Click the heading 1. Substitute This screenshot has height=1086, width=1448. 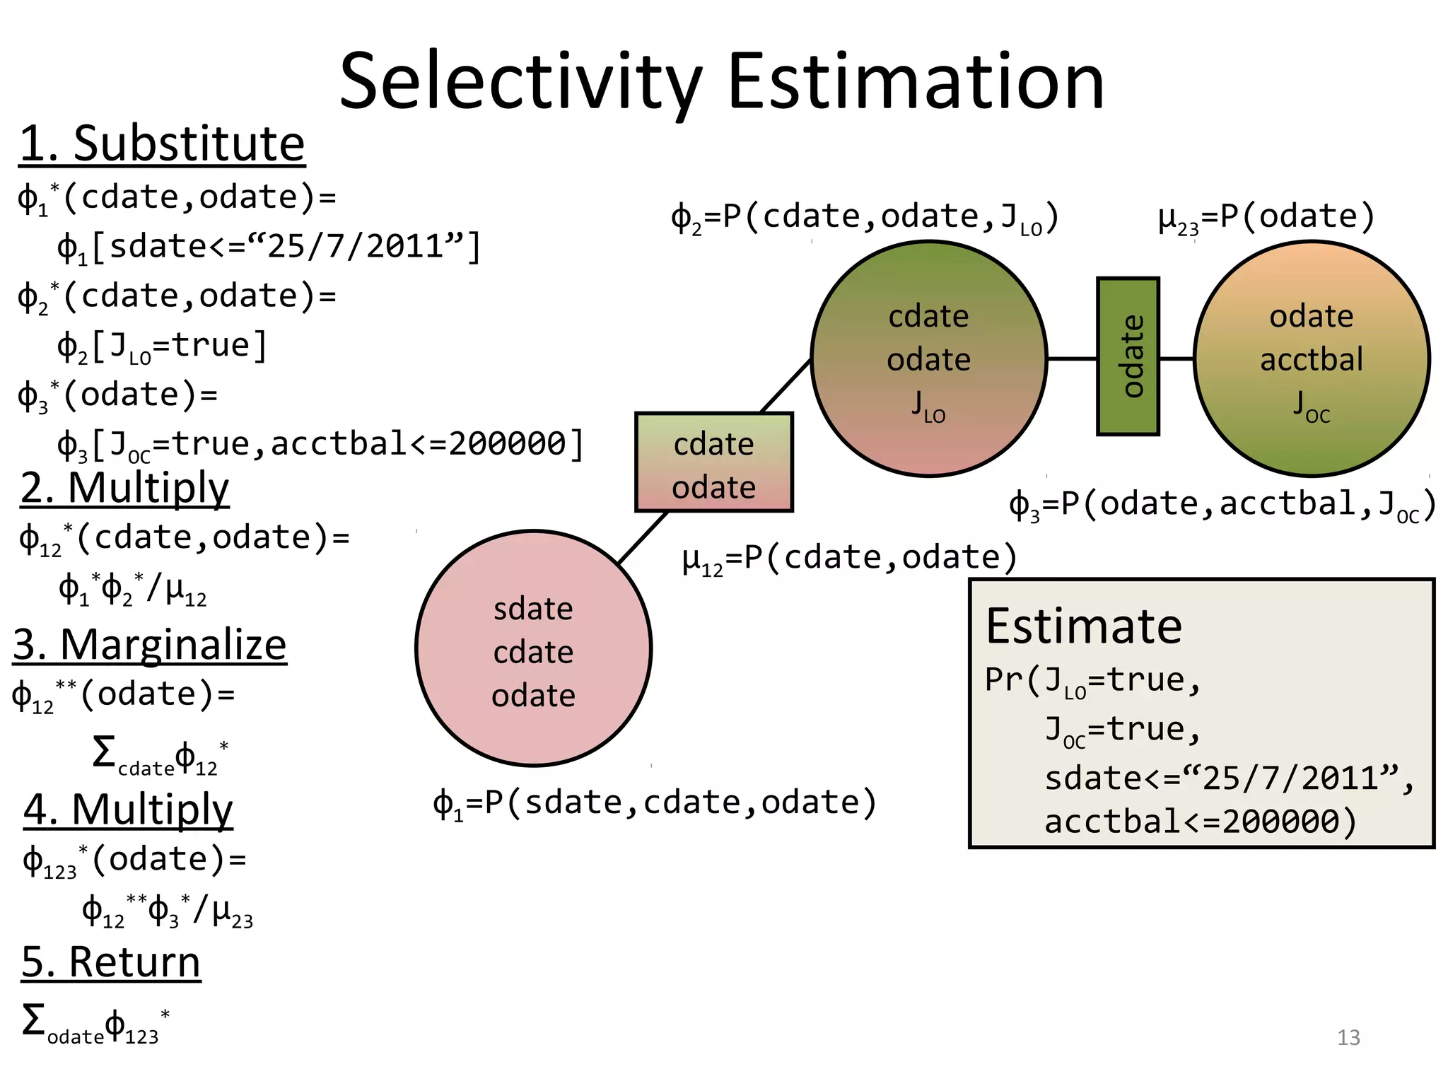pos(162,144)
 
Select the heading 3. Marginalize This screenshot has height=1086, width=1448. pos(150,645)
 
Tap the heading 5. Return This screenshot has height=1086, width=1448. pos(111,962)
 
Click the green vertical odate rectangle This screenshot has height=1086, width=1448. pos(1128,356)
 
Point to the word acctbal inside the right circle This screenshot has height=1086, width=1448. pos(1311,359)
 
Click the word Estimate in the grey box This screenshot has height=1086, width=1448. pos(1083,626)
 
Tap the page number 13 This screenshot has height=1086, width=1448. pos(1348,1037)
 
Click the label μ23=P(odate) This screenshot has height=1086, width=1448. pos(1266,217)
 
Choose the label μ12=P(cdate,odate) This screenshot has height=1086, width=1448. pos(848,559)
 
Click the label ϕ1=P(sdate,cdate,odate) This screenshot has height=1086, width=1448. pos(654,803)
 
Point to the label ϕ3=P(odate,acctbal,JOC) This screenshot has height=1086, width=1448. pos(1222,505)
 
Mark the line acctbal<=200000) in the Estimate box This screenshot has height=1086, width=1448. pos(1200,822)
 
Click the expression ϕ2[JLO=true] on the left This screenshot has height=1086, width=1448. pos(162,346)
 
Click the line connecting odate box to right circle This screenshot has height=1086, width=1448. pos(1176,358)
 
